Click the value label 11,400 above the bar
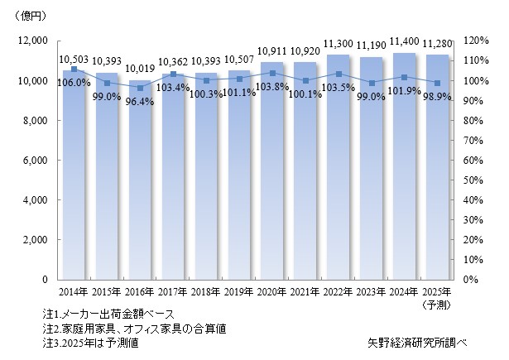point(404,41)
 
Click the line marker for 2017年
point(173,74)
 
